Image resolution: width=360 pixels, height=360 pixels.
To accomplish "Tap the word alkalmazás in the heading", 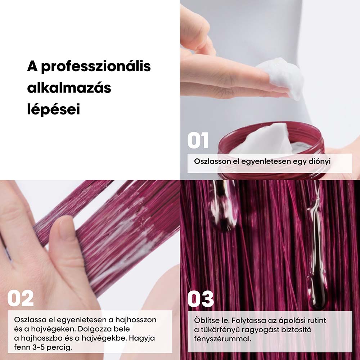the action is point(69,88).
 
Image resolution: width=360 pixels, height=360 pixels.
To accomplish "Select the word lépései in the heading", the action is point(54,109).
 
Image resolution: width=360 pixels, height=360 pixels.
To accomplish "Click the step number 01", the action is point(198,140).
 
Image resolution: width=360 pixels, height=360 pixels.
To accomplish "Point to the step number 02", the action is point(21,298).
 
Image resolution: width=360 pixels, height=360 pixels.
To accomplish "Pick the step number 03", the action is point(201,299).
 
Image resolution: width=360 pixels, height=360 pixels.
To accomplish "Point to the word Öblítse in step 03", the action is point(207,320).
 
